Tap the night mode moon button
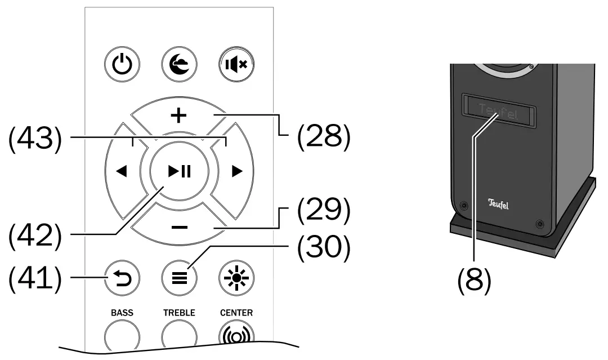[178, 64]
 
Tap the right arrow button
[236, 172]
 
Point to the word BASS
[122, 312]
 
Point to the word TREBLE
[178, 312]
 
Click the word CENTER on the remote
[236, 312]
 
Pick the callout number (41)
[35, 277]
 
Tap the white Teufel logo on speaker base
[498, 204]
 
